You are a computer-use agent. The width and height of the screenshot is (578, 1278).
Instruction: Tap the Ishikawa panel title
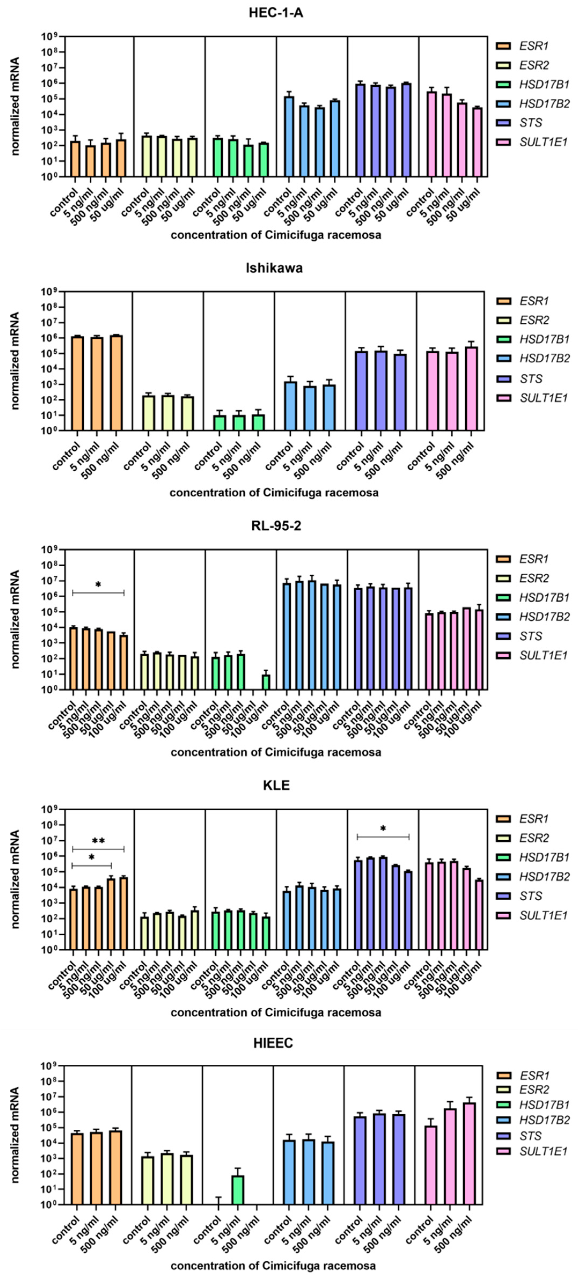point(274,268)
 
